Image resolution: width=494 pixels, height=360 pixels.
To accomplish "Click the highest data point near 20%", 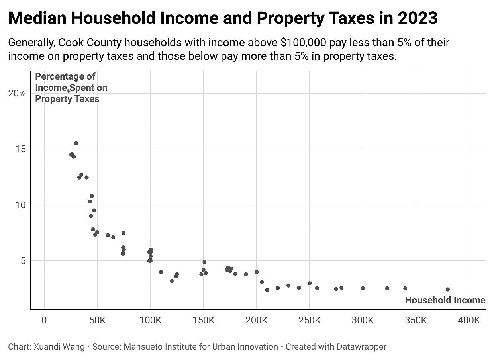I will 69,91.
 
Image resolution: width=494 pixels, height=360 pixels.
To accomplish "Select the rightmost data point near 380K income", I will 448,289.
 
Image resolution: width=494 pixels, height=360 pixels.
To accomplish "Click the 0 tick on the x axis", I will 44,321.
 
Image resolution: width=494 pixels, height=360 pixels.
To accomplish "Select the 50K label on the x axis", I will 97,321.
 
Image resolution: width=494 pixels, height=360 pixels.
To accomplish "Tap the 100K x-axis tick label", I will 150,321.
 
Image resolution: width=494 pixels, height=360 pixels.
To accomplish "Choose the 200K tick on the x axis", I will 257,321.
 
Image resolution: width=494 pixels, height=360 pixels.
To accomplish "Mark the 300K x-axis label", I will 363,321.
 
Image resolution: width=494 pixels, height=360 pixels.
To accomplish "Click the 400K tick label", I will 469,321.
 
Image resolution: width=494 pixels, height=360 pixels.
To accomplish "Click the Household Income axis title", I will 445,301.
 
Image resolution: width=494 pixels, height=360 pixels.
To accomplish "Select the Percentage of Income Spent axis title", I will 71,88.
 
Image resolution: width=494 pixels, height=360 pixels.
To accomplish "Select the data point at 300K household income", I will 363,288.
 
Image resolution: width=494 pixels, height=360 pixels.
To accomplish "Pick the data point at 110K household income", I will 161,272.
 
